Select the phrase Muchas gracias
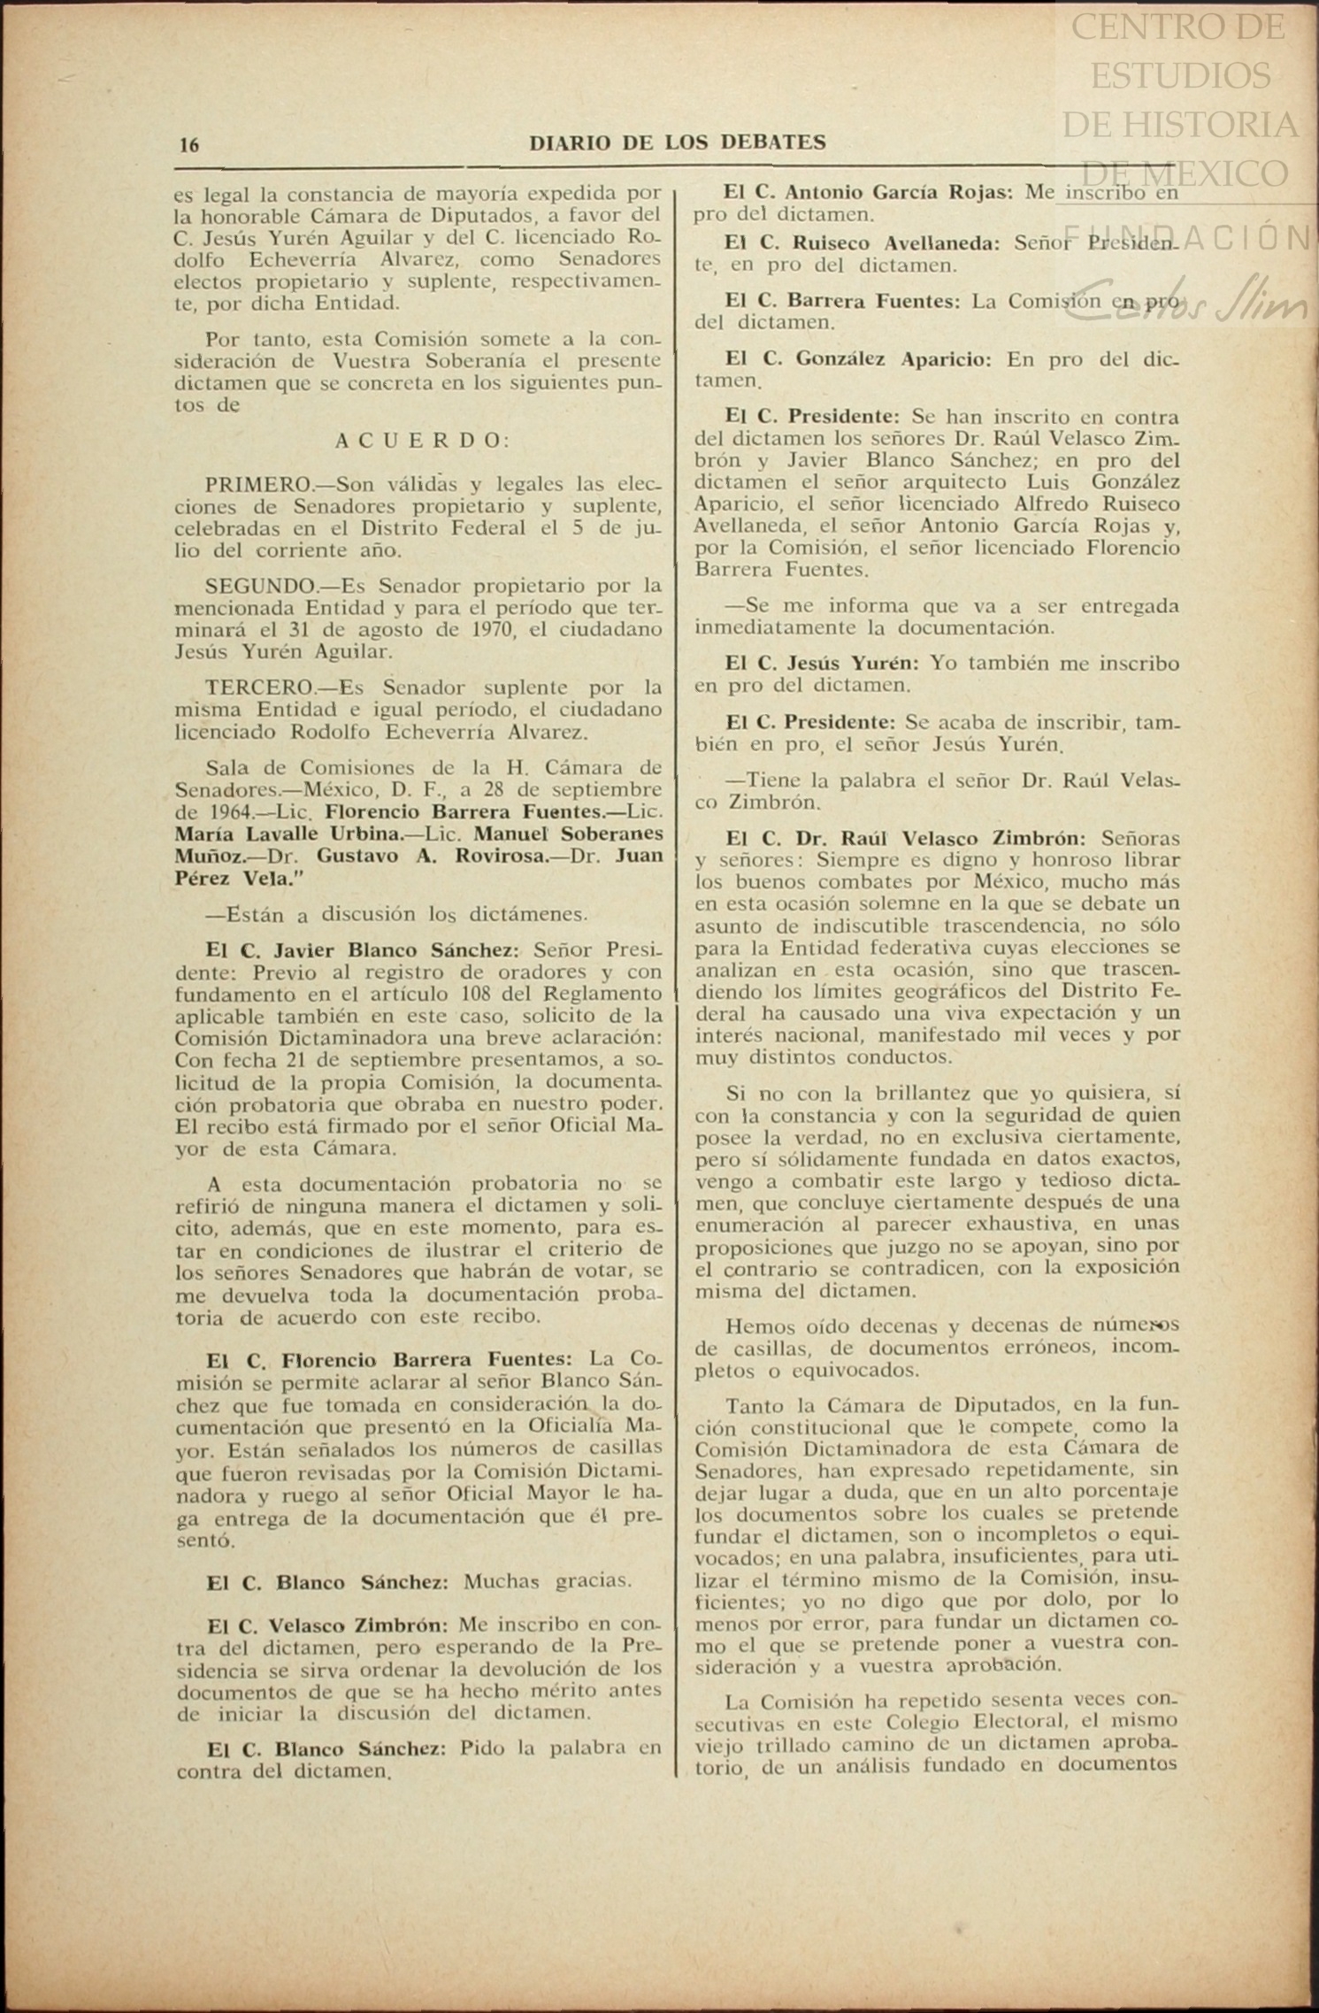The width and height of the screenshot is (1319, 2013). [x=548, y=1580]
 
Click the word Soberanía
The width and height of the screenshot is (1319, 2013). [x=446, y=361]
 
